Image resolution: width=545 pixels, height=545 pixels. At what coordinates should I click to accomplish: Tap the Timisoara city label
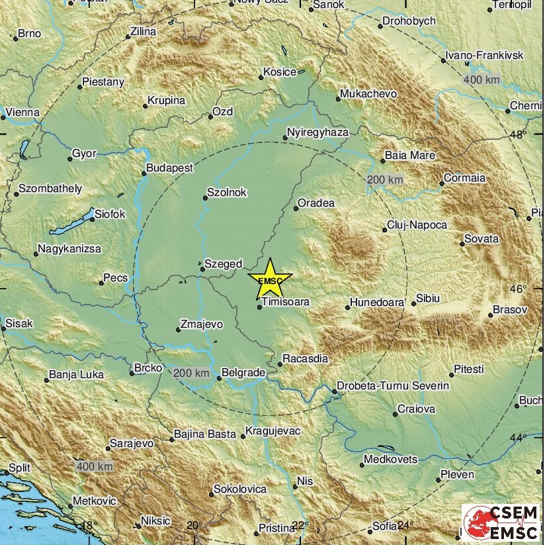click(286, 302)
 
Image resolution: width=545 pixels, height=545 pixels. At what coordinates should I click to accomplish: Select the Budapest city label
click(169, 168)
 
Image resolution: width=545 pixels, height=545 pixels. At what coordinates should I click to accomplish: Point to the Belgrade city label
click(243, 373)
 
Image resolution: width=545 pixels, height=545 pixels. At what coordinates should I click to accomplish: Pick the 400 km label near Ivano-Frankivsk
click(482, 80)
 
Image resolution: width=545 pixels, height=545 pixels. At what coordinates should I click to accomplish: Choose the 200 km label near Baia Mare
click(385, 180)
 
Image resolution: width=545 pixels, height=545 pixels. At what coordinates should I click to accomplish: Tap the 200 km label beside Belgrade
click(191, 374)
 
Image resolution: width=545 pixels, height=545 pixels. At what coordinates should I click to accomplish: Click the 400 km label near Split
click(95, 466)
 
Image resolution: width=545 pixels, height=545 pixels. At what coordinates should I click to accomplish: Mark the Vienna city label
click(22, 113)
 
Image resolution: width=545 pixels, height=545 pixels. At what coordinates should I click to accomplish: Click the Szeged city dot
click(202, 269)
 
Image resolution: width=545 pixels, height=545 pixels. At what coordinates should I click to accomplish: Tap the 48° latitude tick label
click(518, 135)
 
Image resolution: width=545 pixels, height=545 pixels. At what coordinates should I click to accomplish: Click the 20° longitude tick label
click(194, 526)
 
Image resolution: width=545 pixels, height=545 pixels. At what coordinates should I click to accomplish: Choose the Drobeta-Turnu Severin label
click(393, 385)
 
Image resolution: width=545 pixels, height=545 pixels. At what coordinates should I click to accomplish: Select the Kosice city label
click(280, 72)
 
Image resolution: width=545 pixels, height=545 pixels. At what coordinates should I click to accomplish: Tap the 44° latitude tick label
click(518, 438)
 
